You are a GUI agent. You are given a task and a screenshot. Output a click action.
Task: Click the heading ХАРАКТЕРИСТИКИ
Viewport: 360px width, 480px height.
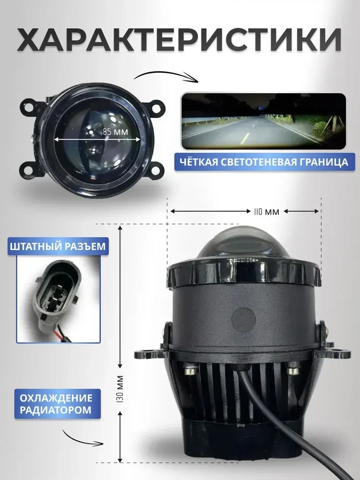coord(180,40)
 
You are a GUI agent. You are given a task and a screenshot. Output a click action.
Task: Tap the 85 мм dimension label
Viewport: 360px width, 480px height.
coord(115,132)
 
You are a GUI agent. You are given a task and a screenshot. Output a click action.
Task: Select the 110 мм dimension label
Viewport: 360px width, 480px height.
coord(266,212)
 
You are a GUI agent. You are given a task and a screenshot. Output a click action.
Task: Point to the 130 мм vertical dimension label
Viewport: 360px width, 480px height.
coord(120,389)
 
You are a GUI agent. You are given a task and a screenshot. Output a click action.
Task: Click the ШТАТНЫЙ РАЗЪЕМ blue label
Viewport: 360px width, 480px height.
coord(58,246)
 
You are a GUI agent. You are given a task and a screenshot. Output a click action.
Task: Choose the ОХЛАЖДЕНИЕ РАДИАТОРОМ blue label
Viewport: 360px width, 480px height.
coord(57,404)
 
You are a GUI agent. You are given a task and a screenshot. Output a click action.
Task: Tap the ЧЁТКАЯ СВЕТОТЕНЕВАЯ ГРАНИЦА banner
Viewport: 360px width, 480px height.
coord(264,162)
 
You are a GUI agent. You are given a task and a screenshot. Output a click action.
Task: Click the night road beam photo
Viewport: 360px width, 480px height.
coord(264,121)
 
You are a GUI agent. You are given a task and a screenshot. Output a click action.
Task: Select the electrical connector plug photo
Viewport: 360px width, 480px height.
coord(58,300)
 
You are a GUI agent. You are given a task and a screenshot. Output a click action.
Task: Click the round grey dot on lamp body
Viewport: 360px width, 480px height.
coord(243,320)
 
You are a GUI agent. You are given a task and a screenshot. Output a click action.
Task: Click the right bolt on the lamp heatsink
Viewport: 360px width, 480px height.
coord(293,371)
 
